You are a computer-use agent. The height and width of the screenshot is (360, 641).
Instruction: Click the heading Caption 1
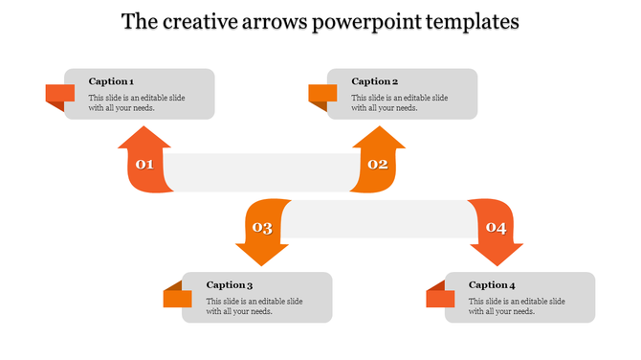(x=111, y=81)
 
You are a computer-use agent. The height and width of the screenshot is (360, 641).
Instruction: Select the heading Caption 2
(x=374, y=81)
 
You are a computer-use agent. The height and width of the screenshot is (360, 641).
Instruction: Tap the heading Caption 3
(x=230, y=284)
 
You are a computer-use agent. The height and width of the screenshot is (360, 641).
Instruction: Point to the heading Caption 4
(x=493, y=284)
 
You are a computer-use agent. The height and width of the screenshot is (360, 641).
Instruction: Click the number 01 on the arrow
(x=144, y=165)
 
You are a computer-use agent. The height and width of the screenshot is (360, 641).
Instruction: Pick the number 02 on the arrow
(x=378, y=165)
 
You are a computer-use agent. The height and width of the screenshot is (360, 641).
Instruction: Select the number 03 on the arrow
(x=261, y=228)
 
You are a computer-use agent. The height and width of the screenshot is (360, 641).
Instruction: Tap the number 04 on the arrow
(x=496, y=228)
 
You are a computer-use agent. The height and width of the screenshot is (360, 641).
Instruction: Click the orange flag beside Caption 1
(x=59, y=94)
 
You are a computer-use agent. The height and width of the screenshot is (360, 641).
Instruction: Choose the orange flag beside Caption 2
(x=321, y=94)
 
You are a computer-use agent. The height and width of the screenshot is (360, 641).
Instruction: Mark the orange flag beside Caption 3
(x=177, y=298)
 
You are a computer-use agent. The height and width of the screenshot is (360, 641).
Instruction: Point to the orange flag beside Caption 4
(x=440, y=298)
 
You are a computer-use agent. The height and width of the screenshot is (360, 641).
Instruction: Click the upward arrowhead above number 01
(x=144, y=139)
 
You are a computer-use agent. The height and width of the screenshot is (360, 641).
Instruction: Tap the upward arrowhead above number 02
(x=379, y=139)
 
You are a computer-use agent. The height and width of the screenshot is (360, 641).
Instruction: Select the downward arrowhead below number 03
(x=261, y=253)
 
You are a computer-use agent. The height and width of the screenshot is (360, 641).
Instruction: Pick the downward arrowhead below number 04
(x=497, y=253)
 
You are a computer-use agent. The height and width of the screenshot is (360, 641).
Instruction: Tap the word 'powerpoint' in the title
(x=365, y=21)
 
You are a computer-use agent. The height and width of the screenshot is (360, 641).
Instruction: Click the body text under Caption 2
(x=399, y=102)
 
